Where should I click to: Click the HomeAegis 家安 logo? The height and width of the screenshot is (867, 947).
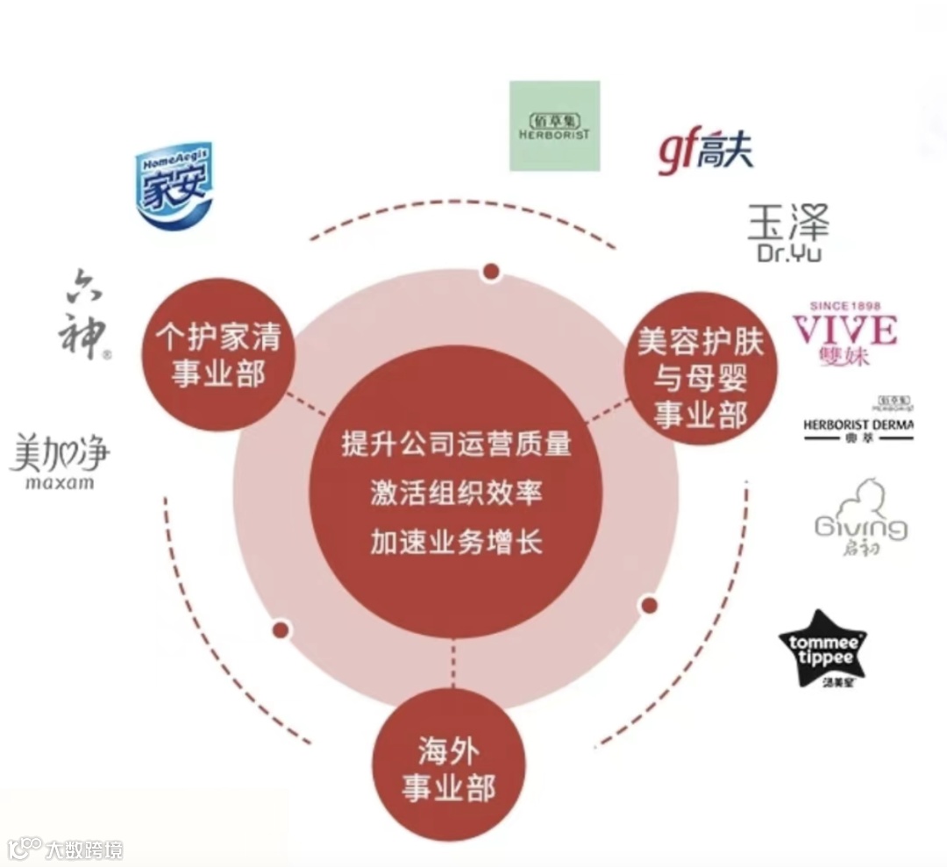pos(173,187)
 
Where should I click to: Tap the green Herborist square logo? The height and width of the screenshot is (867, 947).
pos(555,126)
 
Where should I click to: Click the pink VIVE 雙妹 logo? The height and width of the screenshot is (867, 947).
pos(844,332)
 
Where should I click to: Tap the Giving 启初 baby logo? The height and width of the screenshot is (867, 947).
pos(860,518)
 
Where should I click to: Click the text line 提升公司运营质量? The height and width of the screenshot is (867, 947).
pos(456,444)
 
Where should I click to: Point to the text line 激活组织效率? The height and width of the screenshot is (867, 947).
pos(456,493)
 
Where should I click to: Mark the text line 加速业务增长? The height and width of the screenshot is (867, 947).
pos(456,542)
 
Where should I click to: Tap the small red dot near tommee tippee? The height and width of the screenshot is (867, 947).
pos(649,605)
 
